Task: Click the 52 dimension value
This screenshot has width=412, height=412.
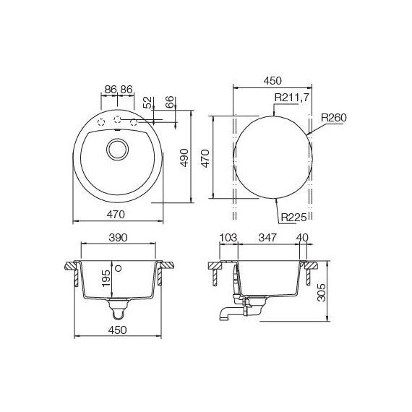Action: (x=147, y=103)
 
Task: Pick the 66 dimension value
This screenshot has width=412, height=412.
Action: (x=171, y=103)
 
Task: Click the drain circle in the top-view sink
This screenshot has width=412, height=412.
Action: (x=116, y=150)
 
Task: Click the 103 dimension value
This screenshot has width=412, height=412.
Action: (x=228, y=237)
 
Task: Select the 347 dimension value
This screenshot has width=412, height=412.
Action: (x=268, y=237)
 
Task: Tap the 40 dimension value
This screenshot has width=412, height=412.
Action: (x=301, y=237)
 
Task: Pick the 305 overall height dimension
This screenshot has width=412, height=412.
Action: (x=322, y=291)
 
